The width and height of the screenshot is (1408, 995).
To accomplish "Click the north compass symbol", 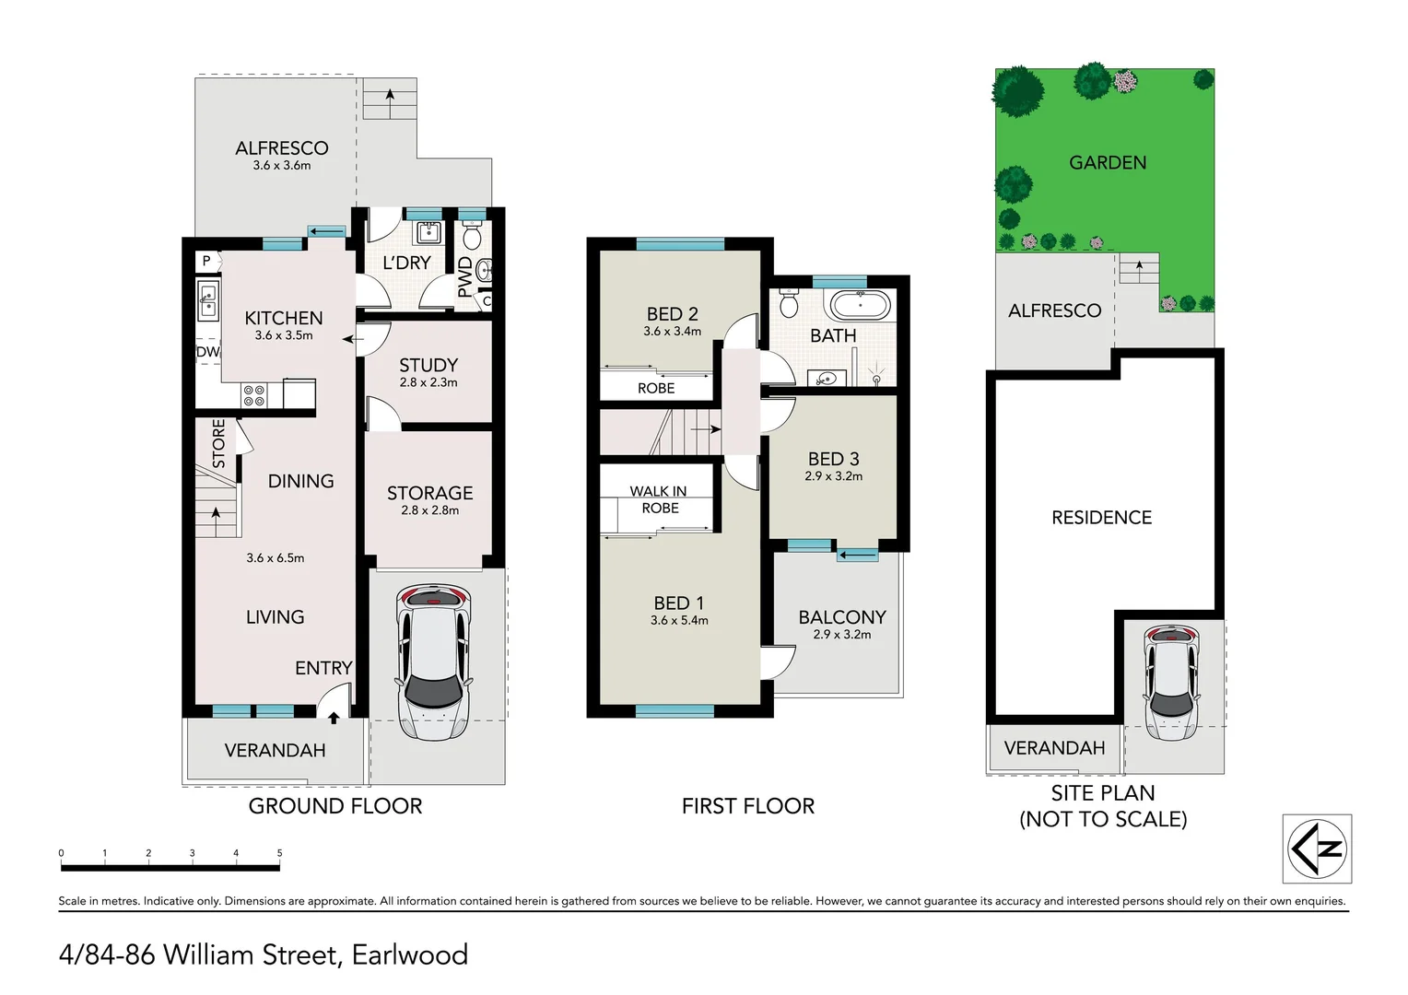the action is [x=1317, y=849].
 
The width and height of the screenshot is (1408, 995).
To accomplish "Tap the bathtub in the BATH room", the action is [x=862, y=307].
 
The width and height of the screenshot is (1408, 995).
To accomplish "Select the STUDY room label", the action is [x=428, y=365].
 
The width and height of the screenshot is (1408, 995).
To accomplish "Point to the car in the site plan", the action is [x=1172, y=683].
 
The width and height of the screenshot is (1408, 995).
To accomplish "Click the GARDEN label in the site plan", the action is [x=1108, y=163].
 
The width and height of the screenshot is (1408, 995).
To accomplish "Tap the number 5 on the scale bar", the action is [x=280, y=853].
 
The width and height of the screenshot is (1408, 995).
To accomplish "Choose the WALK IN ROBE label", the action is [x=659, y=499].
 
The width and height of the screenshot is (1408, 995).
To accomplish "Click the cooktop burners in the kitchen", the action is [x=254, y=395].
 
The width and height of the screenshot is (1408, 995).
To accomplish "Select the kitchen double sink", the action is [x=207, y=299].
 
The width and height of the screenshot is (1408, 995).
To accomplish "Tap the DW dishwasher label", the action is [x=208, y=352].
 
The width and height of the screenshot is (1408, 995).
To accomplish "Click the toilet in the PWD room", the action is [x=472, y=237].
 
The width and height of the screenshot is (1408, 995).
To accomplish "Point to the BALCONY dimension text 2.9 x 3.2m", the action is [x=841, y=634].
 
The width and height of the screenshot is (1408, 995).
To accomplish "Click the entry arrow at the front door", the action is [x=334, y=717].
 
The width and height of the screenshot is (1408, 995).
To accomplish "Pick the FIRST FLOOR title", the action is [x=748, y=806].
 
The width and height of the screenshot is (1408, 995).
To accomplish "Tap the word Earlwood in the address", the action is [x=410, y=954].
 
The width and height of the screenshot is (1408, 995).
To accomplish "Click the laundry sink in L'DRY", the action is [x=428, y=232].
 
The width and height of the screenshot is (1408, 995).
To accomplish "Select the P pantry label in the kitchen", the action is [x=206, y=261].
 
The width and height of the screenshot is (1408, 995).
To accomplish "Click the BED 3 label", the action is [x=834, y=459].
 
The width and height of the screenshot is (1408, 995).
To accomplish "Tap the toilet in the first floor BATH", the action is [x=788, y=303].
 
